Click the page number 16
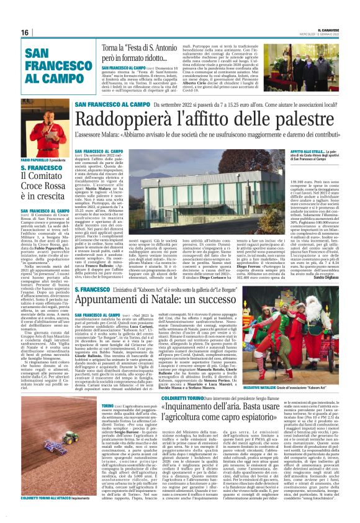tap(25, 32)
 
